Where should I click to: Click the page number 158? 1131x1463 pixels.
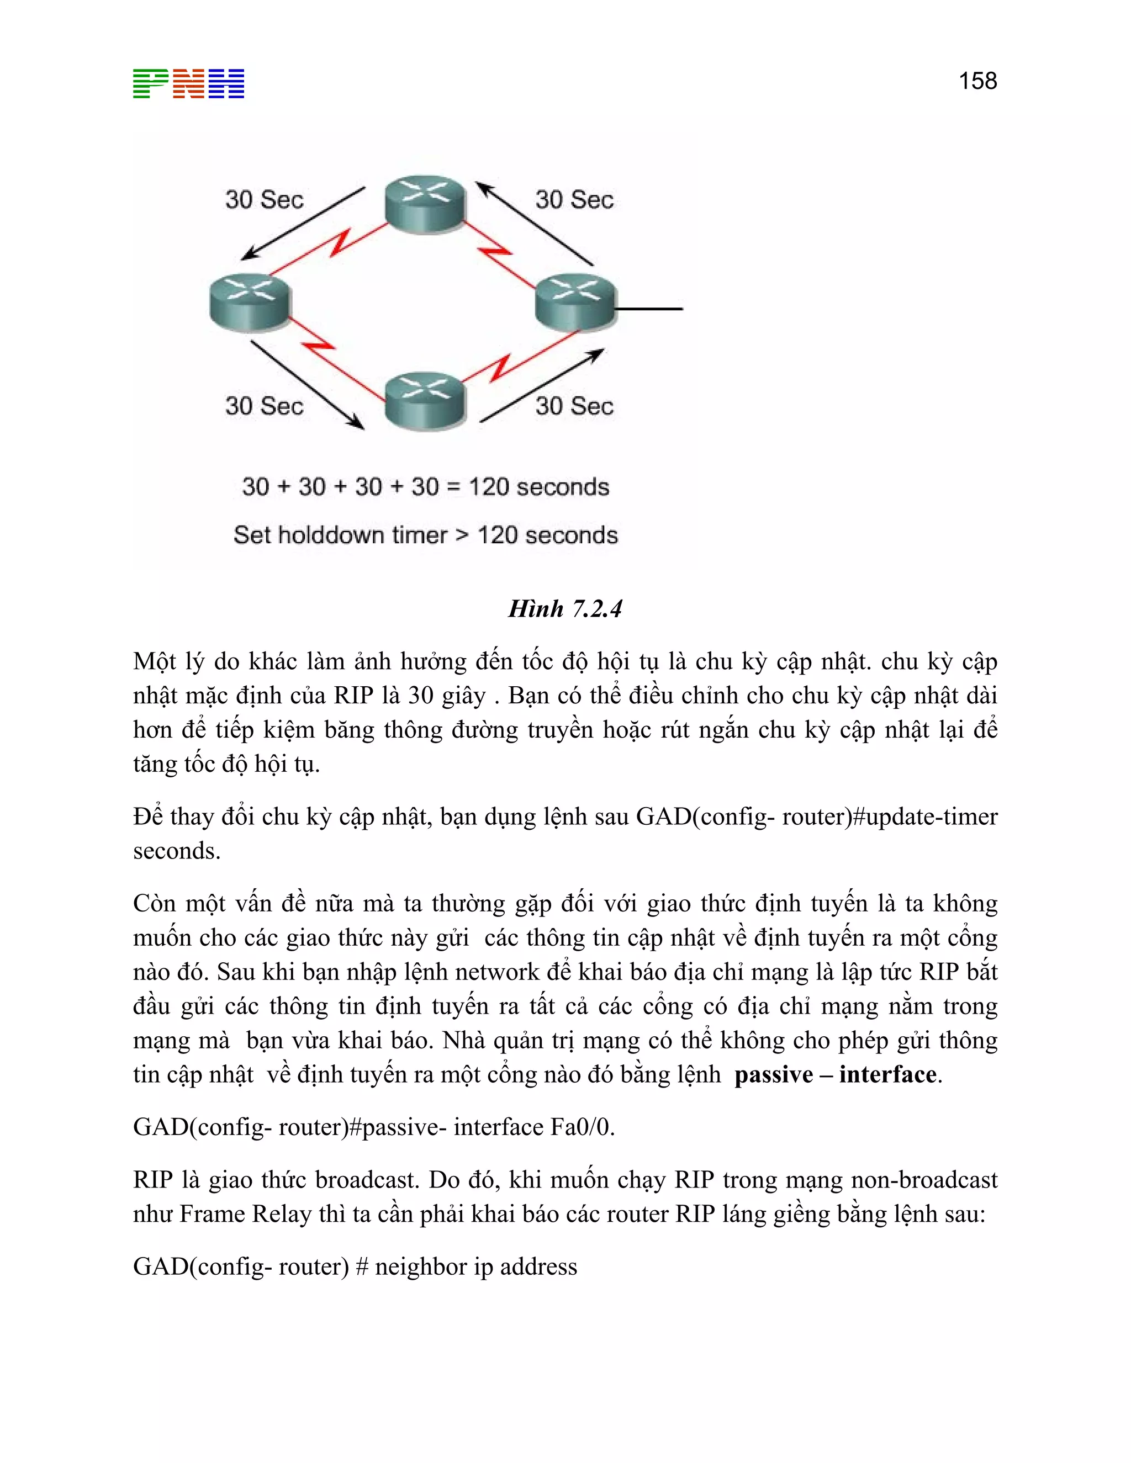977,81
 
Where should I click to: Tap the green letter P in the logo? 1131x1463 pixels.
150,84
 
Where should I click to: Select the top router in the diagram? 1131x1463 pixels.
425,204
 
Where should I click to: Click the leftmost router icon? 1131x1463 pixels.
250,302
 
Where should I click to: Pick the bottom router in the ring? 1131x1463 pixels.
425,401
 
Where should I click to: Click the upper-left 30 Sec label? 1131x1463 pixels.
264,200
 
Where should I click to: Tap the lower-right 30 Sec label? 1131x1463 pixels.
574,406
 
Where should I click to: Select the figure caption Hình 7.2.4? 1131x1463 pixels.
565,609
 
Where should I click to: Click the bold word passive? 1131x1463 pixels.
773,1075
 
